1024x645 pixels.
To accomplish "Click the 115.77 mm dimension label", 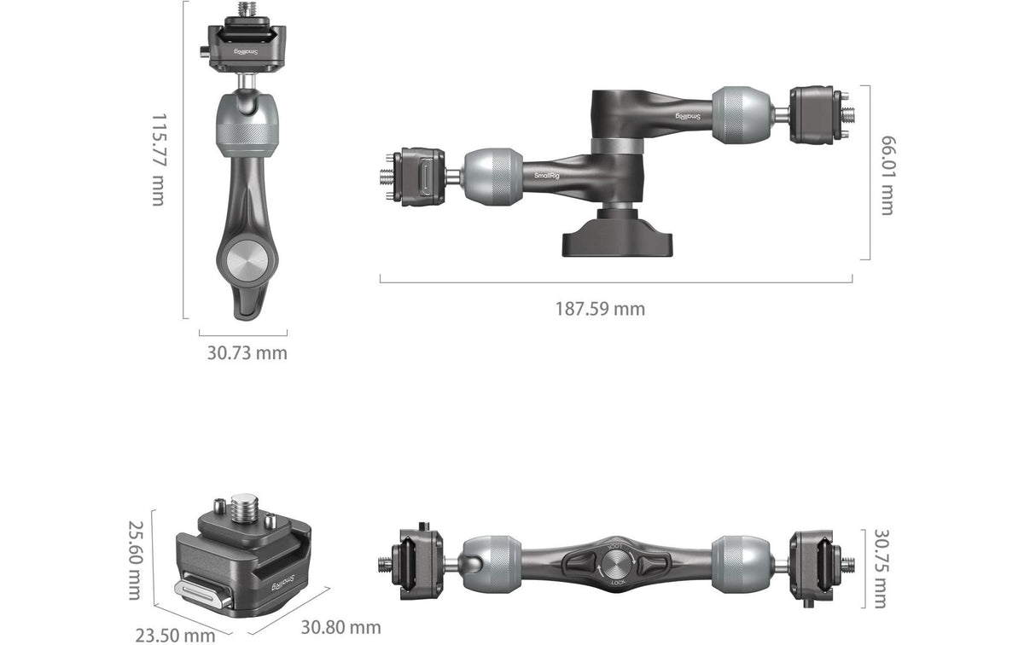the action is pos(160,160).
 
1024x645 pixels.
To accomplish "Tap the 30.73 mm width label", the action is pos(247,353).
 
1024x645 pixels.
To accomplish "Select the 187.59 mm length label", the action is pos(600,309).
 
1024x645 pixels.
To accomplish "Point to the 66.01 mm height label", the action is pos(888,175).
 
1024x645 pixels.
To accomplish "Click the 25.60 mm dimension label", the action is pos(136,560).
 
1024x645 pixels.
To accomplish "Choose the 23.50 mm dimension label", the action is pos(175,636).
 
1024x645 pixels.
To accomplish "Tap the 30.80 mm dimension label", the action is pos(341,627).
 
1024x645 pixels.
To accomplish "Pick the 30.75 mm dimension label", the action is pos(881,569).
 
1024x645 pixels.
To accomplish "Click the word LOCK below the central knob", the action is pos(618,583).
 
